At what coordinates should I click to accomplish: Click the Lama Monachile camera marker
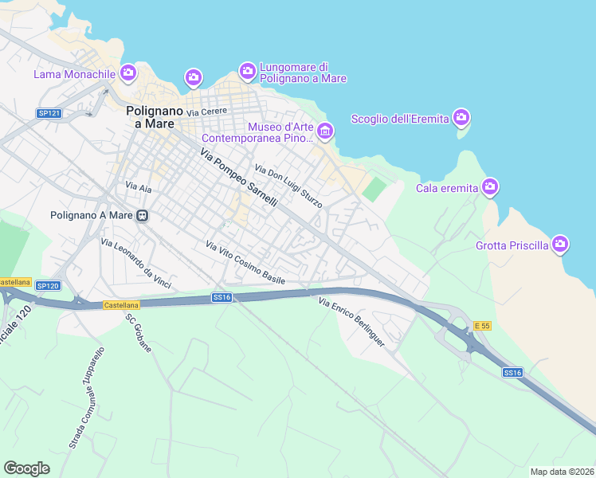coord(128,74)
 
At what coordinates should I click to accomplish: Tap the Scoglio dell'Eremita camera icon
coord(461,119)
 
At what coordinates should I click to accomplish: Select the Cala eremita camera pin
coord(489,188)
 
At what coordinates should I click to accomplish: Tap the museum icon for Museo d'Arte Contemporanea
coord(324,131)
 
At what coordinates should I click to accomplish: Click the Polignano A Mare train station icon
coord(143,215)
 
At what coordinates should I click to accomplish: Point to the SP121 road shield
coord(49,114)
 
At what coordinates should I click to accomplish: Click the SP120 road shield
coord(48,285)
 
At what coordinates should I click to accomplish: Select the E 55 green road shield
coord(481,326)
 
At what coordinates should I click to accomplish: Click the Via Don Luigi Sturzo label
coord(288,186)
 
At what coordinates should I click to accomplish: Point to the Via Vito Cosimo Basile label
coord(245,263)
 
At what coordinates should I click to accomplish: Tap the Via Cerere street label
coord(207,112)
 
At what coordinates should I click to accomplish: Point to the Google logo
coord(27,468)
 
